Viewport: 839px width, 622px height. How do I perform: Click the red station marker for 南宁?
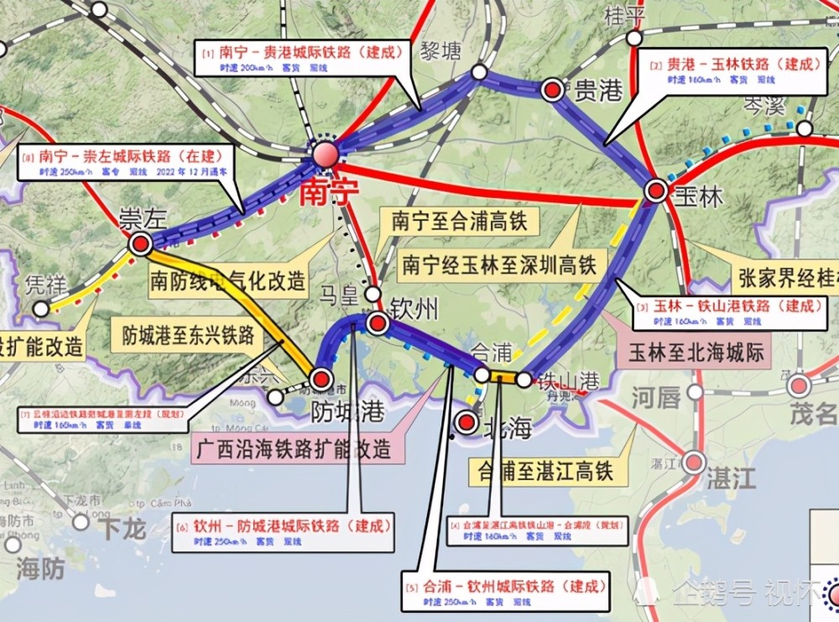click(x=325, y=154)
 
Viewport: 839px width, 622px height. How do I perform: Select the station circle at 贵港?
click(x=552, y=91)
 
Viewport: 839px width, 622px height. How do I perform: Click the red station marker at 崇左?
click(x=140, y=244)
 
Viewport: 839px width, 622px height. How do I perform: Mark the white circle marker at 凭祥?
click(x=41, y=309)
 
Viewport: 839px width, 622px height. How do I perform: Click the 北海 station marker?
click(x=466, y=421)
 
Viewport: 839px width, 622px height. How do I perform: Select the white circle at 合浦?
click(x=482, y=374)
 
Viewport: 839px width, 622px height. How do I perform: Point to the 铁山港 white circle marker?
click(x=524, y=379)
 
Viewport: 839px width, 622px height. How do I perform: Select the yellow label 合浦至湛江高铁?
click(x=541, y=471)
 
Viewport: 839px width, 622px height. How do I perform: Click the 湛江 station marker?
click(x=694, y=463)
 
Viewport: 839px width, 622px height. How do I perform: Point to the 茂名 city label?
click(x=814, y=413)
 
